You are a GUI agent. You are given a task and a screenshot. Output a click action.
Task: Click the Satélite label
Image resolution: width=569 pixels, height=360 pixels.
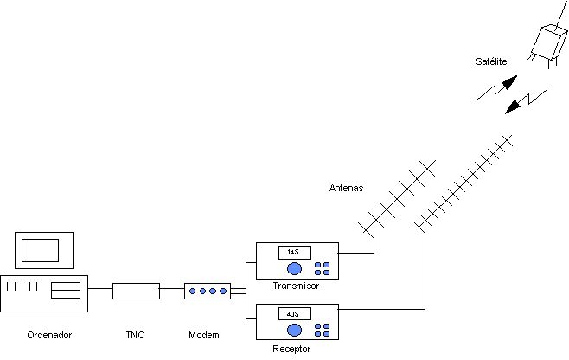click(x=490, y=61)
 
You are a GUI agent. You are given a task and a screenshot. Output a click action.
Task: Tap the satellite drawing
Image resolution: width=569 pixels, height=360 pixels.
click(x=548, y=42)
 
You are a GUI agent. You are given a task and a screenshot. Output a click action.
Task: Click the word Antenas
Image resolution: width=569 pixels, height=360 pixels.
click(x=347, y=187)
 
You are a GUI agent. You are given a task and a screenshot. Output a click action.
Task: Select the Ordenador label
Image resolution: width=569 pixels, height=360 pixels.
click(x=49, y=335)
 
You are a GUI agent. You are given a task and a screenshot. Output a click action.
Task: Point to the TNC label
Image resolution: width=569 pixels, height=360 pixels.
click(x=137, y=335)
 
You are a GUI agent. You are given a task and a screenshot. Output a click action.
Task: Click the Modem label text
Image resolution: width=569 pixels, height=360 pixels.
click(x=204, y=335)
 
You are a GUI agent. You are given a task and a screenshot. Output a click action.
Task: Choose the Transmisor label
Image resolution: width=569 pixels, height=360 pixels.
click(x=296, y=286)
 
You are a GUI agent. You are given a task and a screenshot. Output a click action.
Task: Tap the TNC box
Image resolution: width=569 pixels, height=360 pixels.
click(x=137, y=290)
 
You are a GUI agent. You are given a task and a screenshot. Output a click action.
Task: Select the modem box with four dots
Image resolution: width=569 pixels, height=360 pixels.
click(x=207, y=291)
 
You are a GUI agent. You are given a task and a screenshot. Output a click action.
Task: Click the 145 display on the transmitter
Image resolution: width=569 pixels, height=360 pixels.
click(x=292, y=252)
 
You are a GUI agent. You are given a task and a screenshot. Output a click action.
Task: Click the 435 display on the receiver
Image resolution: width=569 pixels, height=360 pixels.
click(x=292, y=314)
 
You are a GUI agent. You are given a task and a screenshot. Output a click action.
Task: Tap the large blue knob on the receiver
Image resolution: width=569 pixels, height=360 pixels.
click(x=295, y=330)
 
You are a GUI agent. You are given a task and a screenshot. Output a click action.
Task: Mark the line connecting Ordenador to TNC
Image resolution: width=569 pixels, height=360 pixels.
click(x=100, y=290)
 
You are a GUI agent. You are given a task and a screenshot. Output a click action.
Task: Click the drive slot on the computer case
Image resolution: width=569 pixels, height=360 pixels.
click(x=66, y=291)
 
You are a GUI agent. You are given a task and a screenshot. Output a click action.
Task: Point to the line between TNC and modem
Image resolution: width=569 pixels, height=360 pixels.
click(x=172, y=290)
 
